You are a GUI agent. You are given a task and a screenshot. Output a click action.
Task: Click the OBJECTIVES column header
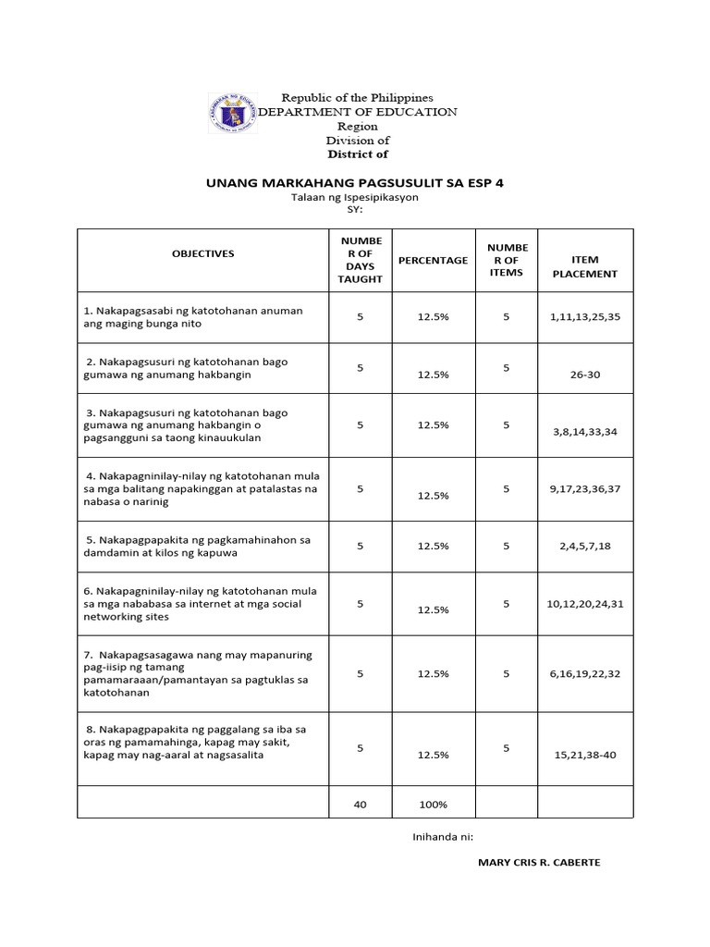(x=202, y=253)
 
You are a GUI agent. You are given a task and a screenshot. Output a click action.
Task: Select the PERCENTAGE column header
(x=433, y=261)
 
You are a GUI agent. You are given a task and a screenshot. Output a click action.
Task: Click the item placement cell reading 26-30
(x=584, y=375)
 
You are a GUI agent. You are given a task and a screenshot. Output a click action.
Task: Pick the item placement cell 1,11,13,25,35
(x=584, y=316)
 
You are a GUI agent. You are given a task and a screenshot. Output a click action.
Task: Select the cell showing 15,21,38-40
(x=584, y=756)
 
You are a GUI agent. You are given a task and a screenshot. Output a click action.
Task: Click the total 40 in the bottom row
(x=361, y=805)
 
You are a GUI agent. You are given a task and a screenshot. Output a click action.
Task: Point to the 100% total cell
(x=433, y=805)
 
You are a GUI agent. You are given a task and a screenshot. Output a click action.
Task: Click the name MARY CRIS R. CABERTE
(x=538, y=863)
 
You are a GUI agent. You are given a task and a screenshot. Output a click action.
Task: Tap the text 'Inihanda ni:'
(x=443, y=836)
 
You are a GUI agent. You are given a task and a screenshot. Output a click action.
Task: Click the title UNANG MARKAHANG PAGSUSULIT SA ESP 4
(x=354, y=183)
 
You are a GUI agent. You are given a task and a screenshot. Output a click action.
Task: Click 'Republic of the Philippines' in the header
(x=357, y=97)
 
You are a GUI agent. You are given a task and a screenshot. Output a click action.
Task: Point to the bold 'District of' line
(x=357, y=154)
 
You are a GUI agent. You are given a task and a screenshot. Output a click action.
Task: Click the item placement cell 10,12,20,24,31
(x=584, y=604)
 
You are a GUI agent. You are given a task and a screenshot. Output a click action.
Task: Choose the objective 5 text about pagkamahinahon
(x=197, y=546)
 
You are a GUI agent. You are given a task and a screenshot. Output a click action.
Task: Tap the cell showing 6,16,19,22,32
(x=584, y=674)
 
